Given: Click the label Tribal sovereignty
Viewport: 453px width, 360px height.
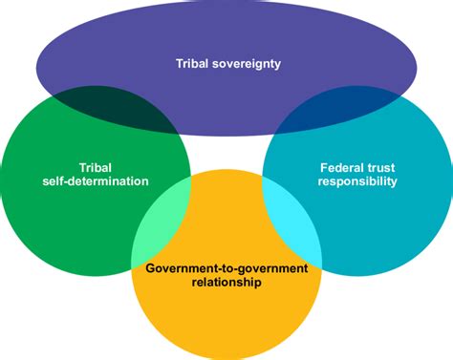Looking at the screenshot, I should (x=227, y=65).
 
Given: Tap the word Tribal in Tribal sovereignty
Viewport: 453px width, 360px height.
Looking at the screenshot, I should (x=191, y=65).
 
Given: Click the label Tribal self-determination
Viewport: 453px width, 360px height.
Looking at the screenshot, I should (x=95, y=173).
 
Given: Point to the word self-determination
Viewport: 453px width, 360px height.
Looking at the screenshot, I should (x=95, y=180).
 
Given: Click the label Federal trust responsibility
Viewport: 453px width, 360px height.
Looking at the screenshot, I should (x=357, y=173).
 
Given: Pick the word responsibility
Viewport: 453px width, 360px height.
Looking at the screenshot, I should (x=357, y=180).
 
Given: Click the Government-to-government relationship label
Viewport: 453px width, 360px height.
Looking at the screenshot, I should (x=226, y=275).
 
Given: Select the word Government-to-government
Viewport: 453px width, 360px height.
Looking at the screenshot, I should (x=226, y=267).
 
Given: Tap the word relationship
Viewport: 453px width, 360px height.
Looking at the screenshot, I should (x=226, y=283).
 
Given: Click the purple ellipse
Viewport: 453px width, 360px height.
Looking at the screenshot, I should (x=227, y=38).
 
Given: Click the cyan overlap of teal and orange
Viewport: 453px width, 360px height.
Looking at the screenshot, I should (x=291, y=224).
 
